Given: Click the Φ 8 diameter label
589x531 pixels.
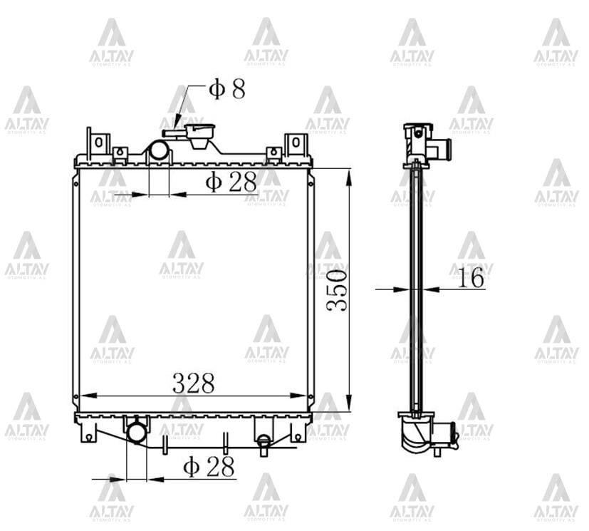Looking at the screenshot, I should pos(226,89).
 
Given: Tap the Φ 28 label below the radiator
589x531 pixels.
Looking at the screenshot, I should pos(209,467).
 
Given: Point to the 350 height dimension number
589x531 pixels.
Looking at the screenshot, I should pos(338,289).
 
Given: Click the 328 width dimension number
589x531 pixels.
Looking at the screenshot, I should pos(193,383).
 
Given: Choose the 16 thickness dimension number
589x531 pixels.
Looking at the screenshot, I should pos(470,279).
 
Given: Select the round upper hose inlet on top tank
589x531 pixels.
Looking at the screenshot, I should pos(159,150).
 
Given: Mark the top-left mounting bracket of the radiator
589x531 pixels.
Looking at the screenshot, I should pos(98,143).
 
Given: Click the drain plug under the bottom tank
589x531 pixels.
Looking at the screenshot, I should pos(264,444).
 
